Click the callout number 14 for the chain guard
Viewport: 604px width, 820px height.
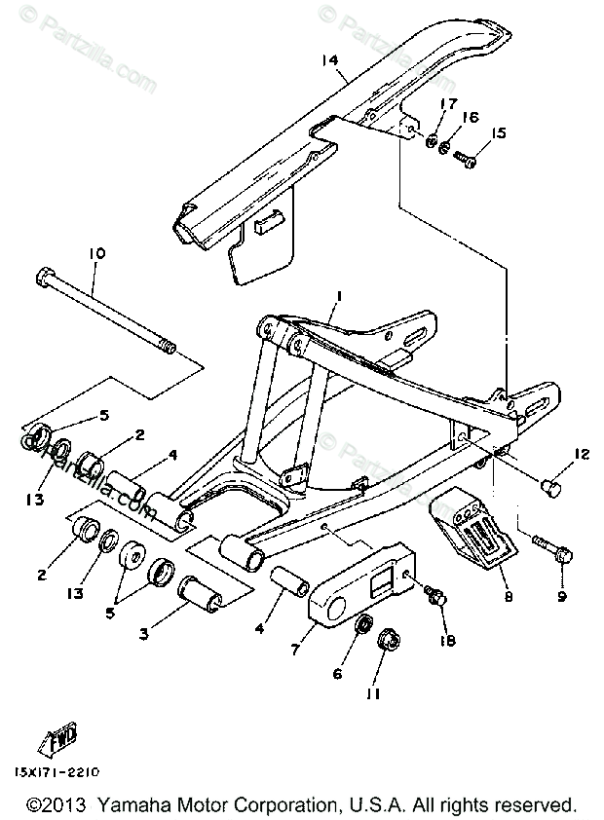click(330, 60)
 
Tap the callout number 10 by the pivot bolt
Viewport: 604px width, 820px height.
click(96, 252)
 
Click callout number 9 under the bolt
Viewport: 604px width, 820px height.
click(563, 595)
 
